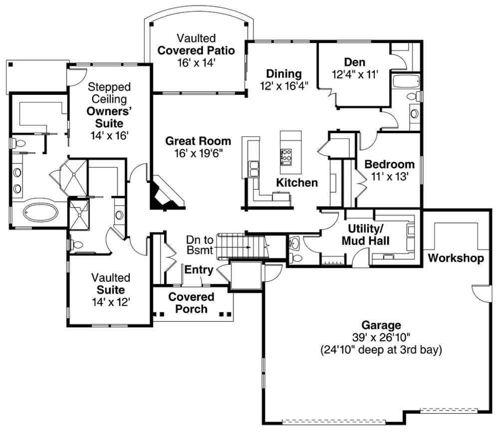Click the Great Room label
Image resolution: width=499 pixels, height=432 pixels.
coord(198,141)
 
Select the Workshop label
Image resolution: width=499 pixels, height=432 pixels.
coord(456,258)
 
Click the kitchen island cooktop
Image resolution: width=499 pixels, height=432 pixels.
coord(286,157)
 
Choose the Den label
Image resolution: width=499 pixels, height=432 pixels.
coord(354,62)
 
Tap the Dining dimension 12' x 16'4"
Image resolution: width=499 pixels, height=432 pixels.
coord(283,85)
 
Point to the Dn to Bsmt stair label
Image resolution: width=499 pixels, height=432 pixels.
coord(200,244)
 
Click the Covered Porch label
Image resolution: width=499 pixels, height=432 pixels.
coord(191,303)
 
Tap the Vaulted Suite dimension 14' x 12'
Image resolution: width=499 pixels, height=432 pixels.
coord(110,302)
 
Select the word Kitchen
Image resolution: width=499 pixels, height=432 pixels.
coord(297,183)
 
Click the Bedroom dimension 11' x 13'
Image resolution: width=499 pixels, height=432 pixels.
coord(389,176)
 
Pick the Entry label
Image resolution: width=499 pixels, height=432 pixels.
coord(199,270)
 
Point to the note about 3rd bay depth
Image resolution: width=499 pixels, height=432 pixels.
coord(381,350)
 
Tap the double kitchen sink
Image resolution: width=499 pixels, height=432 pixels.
coord(254,169)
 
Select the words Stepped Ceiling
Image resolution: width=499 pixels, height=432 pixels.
coord(109,93)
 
